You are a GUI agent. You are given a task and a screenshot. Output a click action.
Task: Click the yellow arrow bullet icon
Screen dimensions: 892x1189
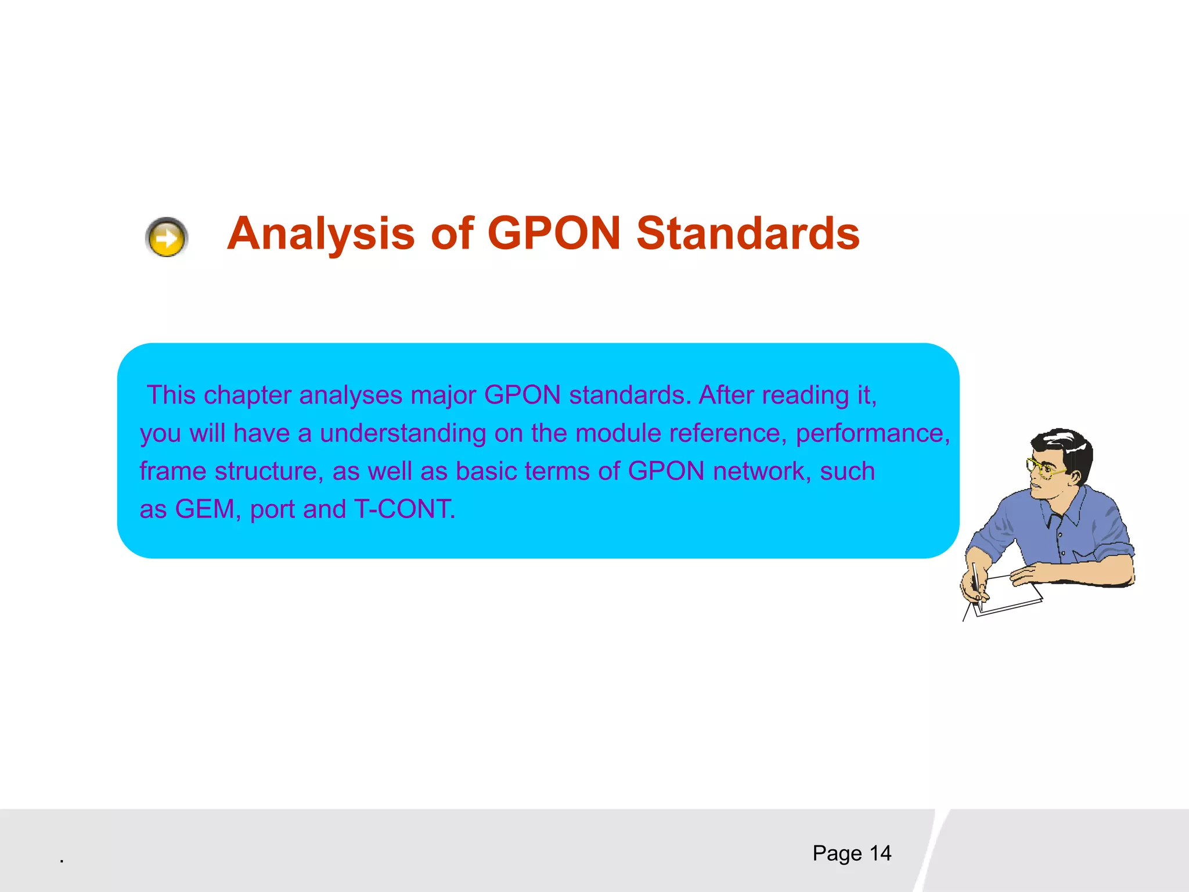[167, 237]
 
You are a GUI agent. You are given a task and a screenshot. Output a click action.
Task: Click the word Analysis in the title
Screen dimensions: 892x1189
[320, 234]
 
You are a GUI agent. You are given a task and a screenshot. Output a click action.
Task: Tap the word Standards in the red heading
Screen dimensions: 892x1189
[748, 234]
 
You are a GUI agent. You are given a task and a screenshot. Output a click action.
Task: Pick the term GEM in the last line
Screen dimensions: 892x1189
[204, 509]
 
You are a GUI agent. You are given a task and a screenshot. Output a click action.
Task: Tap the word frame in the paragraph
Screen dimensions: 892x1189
[172, 471]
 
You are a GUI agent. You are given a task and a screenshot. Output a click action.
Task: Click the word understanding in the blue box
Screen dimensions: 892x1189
[402, 434]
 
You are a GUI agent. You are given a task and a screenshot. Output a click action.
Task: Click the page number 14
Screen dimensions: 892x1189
[880, 853]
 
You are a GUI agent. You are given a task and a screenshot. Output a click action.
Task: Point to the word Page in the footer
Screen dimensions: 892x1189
[837, 853]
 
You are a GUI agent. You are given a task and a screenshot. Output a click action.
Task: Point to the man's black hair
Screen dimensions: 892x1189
[1068, 444]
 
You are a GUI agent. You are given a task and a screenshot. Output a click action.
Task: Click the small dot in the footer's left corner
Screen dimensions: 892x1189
[62, 861]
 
